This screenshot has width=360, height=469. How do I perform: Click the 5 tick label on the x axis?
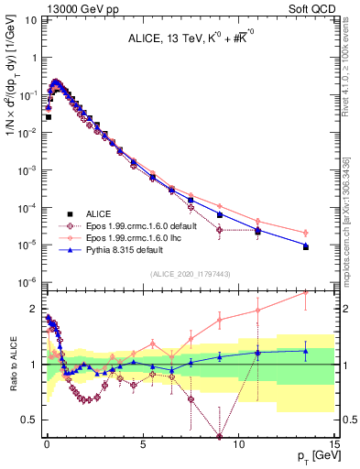(x=143, y=445)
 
